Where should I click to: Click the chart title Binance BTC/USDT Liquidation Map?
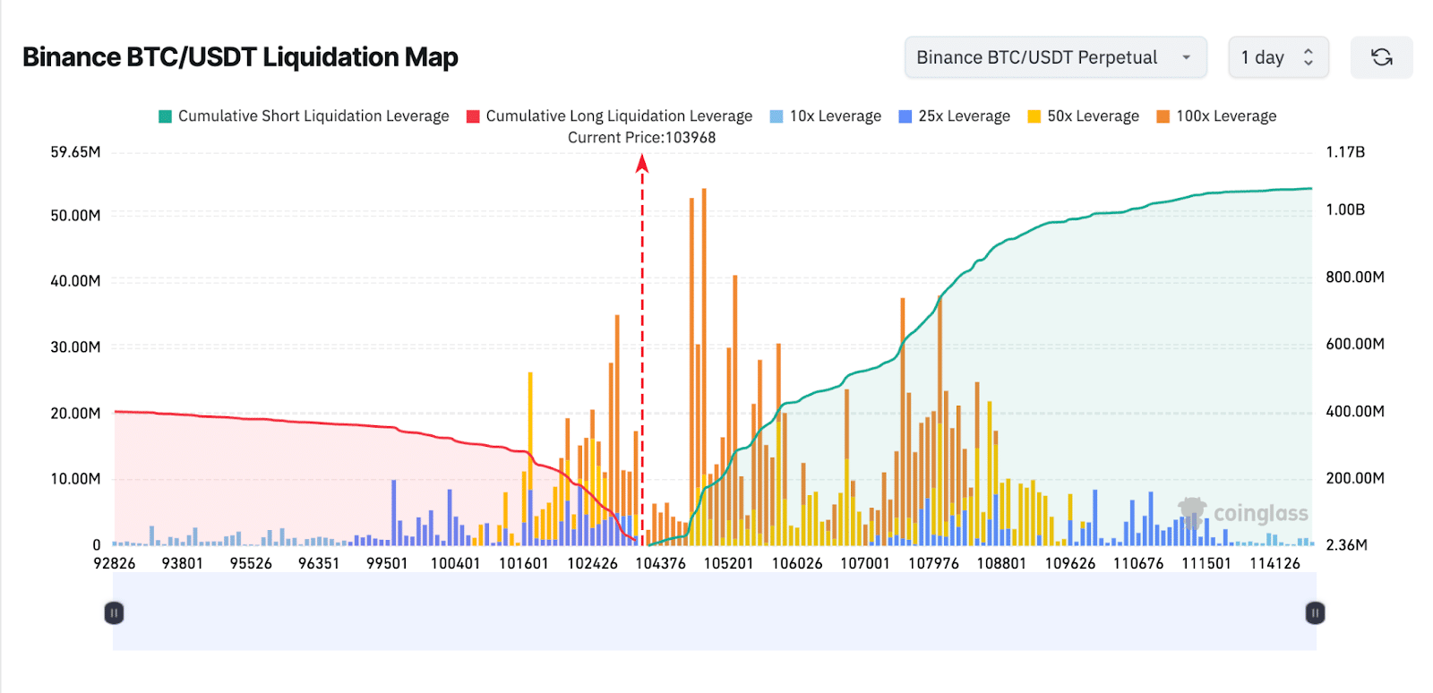coord(240,57)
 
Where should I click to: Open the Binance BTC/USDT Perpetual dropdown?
coord(1055,57)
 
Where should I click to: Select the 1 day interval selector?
coord(1277,57)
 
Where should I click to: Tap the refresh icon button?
coord(1381,57)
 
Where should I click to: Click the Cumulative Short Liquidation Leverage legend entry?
coord(304,116)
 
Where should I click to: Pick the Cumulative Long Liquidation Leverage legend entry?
coord(609,116)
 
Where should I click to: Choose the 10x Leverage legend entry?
coord(825,116)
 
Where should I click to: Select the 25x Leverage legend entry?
coord(954,116)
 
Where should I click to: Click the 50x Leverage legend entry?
coord(1083,116)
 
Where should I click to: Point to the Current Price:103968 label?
coord(641,138)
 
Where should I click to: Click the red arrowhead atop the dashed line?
coord(642,162)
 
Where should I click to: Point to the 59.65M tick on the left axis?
coord(75,152)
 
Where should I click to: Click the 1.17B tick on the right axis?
coord(1345,152)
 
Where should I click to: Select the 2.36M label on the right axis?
coord(1346,545)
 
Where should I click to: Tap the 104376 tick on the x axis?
coord(660,563)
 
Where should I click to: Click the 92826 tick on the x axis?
coord(115,563)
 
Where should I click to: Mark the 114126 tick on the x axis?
coord(1274,563)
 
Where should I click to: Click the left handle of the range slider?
coord(114,612)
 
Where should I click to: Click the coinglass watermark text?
coord(1260,514)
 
